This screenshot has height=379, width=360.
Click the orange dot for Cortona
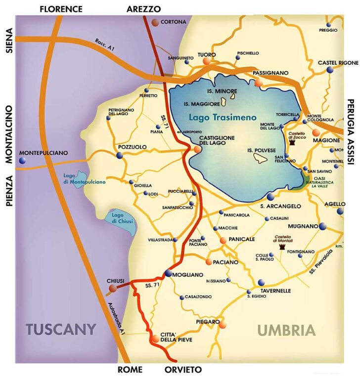coord(155,22)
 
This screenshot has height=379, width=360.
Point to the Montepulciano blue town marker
coord(22,161)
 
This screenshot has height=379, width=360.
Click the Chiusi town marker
coord(113,288)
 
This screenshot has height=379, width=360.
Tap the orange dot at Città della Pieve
coord(156,339)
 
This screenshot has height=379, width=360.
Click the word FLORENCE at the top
coord(61,9)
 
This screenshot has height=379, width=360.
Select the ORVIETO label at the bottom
coord(183,370)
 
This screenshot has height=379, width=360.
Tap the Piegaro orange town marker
coord(222,325)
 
